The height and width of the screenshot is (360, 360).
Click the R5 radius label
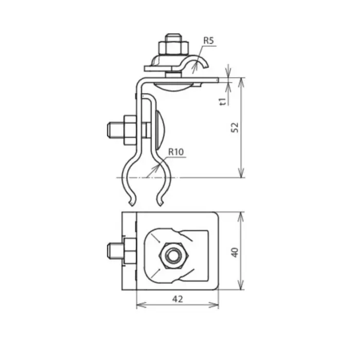(x=208, y=40)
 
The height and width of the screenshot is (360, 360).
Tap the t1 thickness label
(x=222, y=101)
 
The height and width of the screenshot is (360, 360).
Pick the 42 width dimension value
(x=177, y=298)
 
